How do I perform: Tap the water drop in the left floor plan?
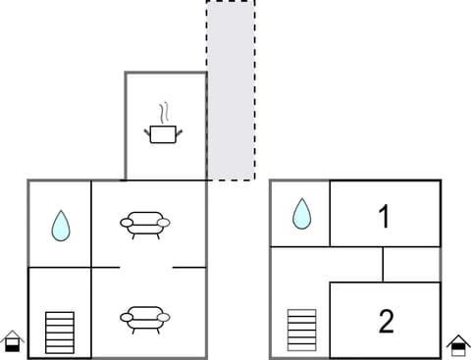coord(61,226)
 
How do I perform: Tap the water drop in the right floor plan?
coord(301,213)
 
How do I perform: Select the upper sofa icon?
coord(145,225)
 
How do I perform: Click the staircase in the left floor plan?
coord(60,333)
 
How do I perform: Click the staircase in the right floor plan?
coord(301,330)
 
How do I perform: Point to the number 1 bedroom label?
coord(385,216)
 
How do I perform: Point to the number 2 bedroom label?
coord(386,320)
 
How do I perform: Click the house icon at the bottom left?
coord(12,340)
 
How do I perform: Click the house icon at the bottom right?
coord(457,344)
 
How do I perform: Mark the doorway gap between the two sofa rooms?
coord(146,267)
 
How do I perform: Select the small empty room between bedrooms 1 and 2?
coord(411,264)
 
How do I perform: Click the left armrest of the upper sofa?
coord(125,224)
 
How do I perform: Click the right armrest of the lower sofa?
coord(165,316)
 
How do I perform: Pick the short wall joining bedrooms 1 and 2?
coord(383,264)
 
